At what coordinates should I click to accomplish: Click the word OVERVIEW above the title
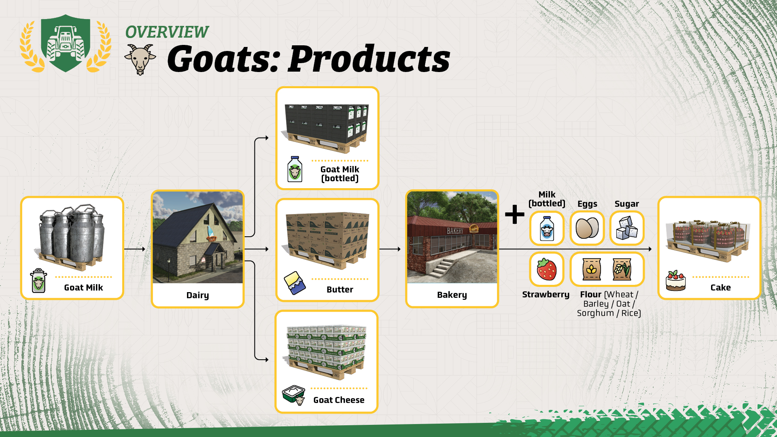167,32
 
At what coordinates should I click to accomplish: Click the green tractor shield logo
66,43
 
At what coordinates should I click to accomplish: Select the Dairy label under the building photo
197,295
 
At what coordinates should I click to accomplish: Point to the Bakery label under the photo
452,295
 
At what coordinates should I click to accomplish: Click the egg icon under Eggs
587,228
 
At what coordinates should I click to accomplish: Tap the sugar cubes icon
627,228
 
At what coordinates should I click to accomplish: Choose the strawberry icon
547,269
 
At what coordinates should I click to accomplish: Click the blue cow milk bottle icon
547,228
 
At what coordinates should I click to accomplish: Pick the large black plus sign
515,214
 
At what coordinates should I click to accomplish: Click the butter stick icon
295,282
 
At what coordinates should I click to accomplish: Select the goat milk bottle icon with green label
295,169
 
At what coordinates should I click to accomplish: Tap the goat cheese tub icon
294,395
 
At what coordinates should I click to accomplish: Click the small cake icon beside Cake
676,281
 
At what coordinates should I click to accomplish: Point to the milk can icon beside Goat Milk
39,280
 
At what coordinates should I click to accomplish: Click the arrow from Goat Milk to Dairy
135,249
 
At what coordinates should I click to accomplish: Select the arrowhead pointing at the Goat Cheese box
266,359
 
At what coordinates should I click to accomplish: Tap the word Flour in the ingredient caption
591,294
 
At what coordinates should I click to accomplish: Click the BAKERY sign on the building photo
455,231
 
